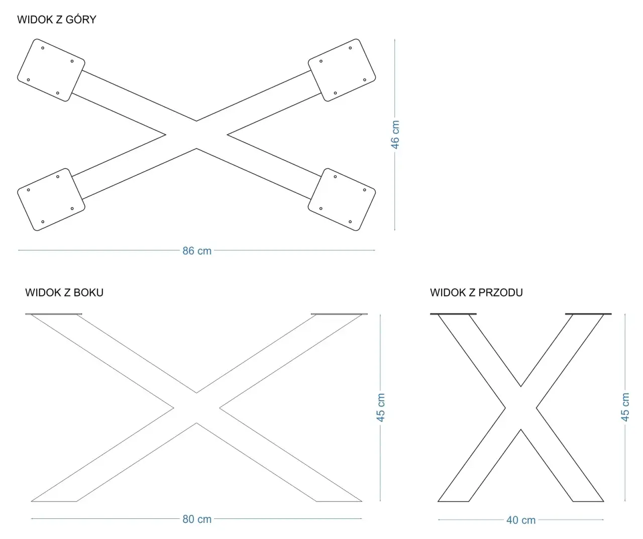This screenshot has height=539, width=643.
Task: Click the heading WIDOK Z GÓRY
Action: [x=57, y=20]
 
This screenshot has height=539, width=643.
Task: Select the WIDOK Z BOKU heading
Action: [x=64, y=292]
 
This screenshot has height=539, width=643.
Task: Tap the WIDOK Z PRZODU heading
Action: [x=476, y=292]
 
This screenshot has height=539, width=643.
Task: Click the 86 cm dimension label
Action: [x=197, y=251]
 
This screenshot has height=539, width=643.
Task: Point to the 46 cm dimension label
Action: [x=395, y=135]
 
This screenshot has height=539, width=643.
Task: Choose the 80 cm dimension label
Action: [x=197, y=519]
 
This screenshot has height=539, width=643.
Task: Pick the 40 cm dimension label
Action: [x=521, y=520]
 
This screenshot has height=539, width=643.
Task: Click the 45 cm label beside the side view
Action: [x=381, y=407]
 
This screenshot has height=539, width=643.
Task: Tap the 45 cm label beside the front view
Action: [x=625, y=407]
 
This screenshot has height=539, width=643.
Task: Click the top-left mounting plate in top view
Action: [x=51, y=70]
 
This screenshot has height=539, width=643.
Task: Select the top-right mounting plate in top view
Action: [x=342, y=70]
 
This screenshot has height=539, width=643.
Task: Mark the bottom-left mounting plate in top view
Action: [x=51, y=199]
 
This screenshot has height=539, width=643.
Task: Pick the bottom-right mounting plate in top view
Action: [x=342, y=199]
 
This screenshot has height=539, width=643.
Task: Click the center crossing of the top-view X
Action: [x=196, y=135]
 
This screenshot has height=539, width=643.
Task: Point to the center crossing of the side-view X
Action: [x=196, y=408]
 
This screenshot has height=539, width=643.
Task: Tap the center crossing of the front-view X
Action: [x=521, y=408]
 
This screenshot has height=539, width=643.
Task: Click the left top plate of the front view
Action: [x=453, y=314]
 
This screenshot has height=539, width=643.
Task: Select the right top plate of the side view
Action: [x=339, y=314]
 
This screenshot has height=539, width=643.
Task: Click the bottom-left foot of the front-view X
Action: [x=453, y=501]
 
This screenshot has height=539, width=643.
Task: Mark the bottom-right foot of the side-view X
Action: [x=339, y=501]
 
